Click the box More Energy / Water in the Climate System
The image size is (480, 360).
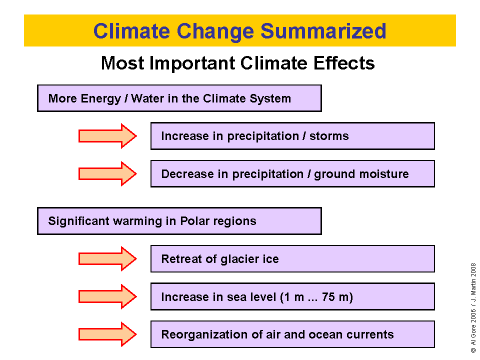[x=179, y=98]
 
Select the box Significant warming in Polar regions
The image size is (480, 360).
[x=179, y=221]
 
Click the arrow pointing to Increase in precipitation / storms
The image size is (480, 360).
[x=107, y=136]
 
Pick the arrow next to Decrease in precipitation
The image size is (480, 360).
[x=107, y=174]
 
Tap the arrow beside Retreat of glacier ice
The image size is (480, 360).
[x=107, y=259]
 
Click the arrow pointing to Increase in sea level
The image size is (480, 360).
[x=107, y=297]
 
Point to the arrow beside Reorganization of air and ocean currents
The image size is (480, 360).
[x=107, y=334]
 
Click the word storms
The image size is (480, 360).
[x=329, y=136]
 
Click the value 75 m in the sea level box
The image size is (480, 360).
[x=337, y=297]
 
